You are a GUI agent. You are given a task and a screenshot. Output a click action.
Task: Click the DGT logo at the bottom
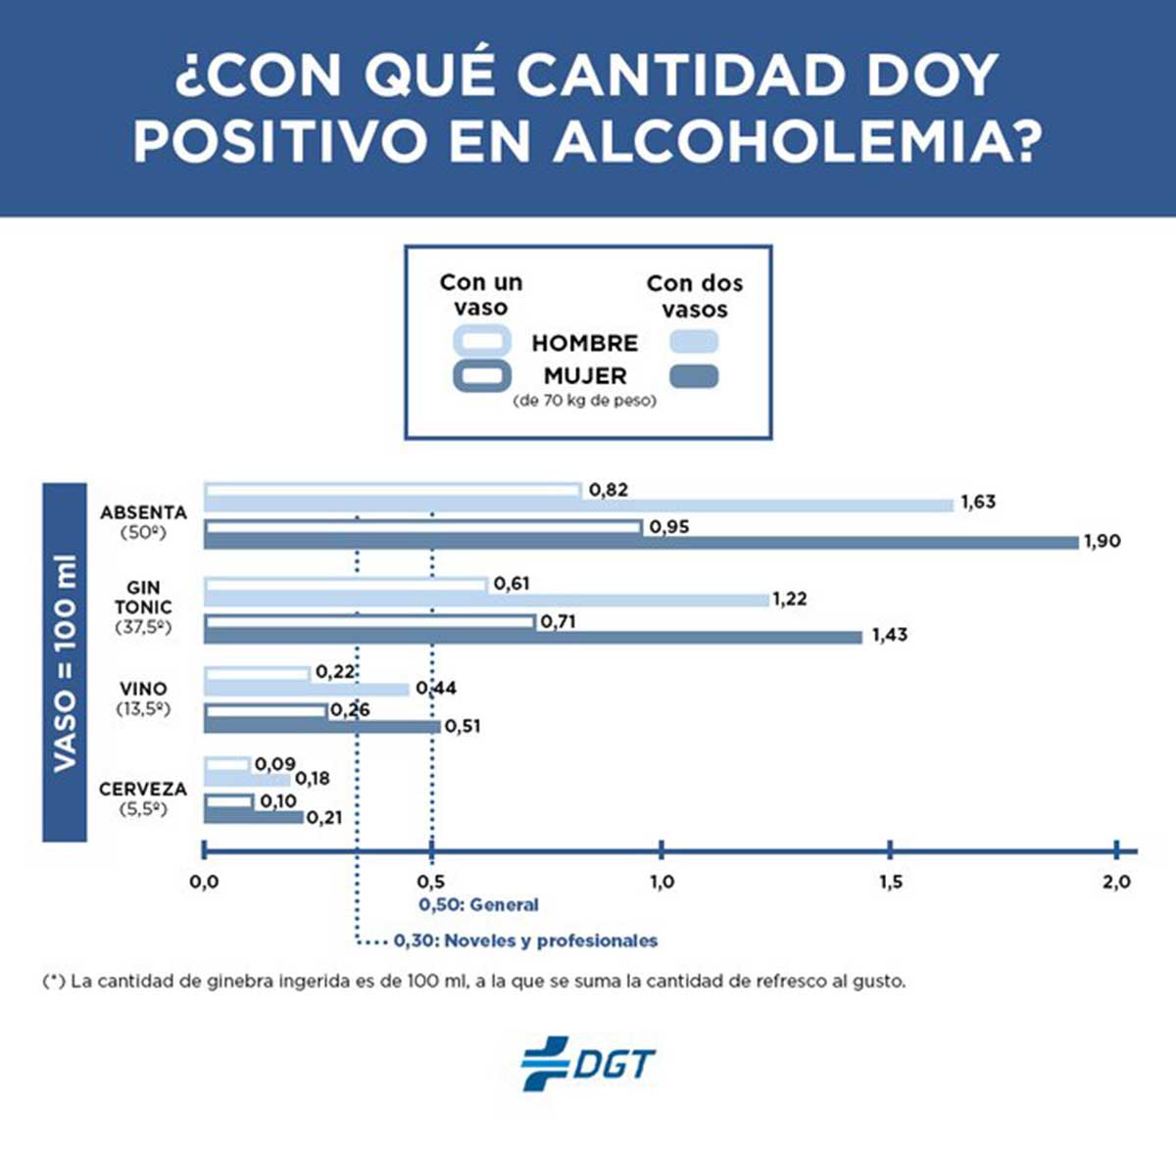click(x=587, y=1063)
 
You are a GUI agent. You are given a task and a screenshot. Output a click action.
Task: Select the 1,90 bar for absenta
click(x=641, y=542)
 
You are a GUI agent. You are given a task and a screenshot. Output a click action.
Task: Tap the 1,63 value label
click(x=977, y=503)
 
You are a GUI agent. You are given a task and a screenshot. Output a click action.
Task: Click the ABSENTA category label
click(x=143, y=512)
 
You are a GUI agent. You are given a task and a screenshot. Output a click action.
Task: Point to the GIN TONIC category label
click(x=143, y=597)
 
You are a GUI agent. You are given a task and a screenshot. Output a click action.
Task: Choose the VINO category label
click(x=143, y=689)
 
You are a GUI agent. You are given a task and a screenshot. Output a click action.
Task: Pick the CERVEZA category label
click(x=143, y=789)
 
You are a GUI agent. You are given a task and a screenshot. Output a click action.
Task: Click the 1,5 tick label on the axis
click(x=890, y=883)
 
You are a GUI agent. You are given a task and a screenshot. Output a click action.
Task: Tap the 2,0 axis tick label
click(x=1116, y=883)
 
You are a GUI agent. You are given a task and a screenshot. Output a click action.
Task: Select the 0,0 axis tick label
click(x=204, y=883)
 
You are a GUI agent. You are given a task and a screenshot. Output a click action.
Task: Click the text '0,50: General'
click(x=478, y=905)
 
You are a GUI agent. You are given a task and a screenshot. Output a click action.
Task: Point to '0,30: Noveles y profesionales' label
click(x=525, y=940)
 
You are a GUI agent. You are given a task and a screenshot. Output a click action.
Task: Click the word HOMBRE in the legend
click(x=584, y=343)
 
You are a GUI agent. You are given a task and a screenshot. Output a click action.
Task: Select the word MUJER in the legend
click(x=584, y=375)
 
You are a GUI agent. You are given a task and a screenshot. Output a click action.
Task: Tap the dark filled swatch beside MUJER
click(x=693, y=376)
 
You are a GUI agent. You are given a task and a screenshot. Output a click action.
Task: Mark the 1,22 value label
click(x=789, y=599)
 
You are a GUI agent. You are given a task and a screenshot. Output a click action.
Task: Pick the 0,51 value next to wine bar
click(x=463, y=727)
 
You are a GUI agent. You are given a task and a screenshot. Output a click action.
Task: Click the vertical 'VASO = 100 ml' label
click(x=65, y=663)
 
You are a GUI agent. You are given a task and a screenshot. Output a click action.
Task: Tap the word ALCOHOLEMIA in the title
click(x=795, y=141)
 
